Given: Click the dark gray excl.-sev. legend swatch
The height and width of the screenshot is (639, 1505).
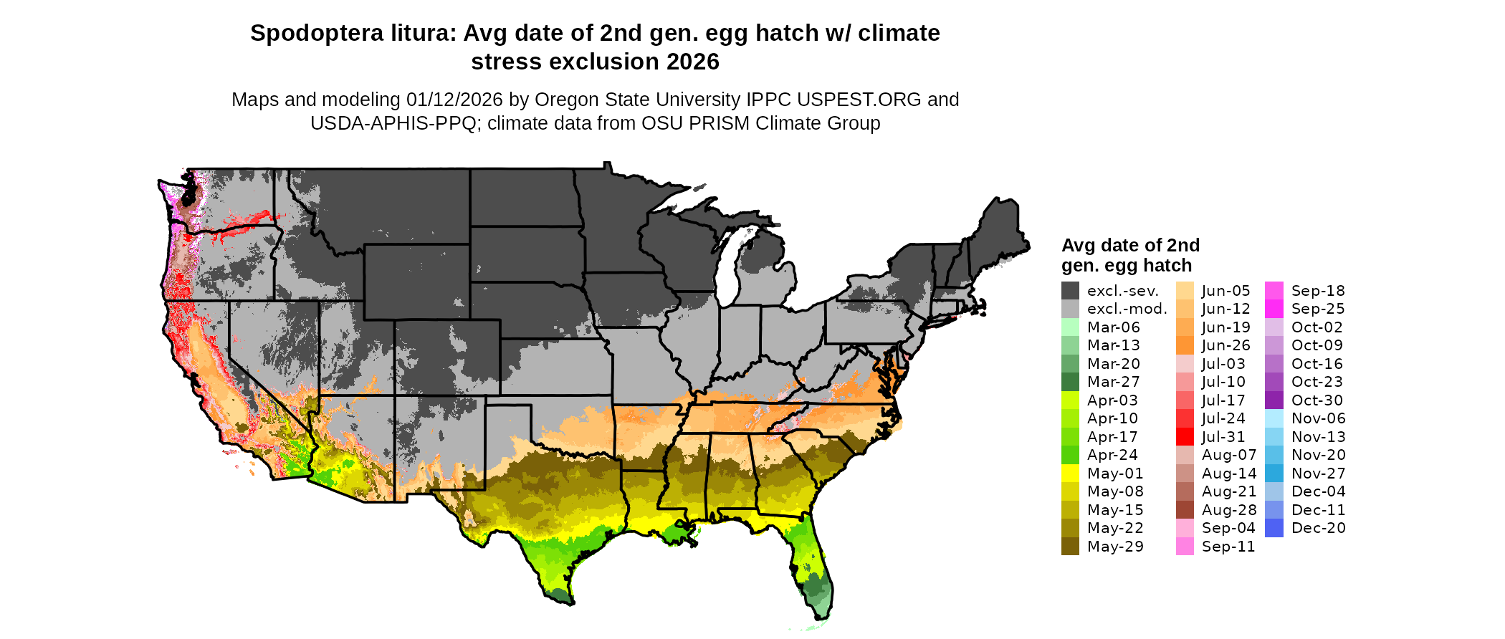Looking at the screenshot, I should tap(1070, 291).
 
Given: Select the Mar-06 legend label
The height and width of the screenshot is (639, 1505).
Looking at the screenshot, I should tap(1113, 327).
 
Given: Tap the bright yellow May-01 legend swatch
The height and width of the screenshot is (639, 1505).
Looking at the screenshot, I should tap(1070, 474).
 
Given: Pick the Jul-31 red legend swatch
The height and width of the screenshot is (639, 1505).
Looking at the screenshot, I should tap(1185, 437).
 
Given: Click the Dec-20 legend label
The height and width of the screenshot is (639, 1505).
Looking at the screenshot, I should tap(1318, 528).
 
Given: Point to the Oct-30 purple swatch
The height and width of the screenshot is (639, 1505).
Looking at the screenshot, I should tap(1274, 400).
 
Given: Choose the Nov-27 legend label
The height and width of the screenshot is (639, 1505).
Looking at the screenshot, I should tap(1318, 474).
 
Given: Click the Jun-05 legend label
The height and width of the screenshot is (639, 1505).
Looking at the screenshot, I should tap(1225, 291).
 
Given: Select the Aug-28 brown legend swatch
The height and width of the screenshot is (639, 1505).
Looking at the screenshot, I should tap(1185, 510).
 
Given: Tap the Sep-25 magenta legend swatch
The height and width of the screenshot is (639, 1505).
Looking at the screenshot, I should tap(1274, 309).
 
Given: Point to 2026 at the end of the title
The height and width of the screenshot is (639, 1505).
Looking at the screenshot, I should tap(692, 62).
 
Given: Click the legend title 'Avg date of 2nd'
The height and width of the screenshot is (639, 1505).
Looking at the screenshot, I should tap(1130, 246).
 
